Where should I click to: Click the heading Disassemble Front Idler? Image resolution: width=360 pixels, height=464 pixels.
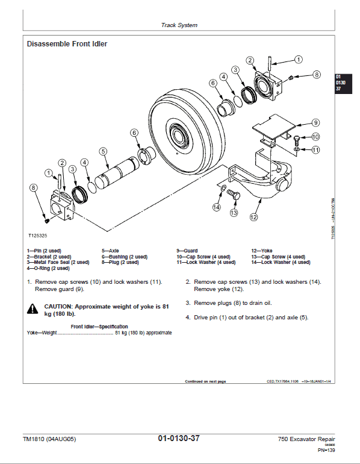67,44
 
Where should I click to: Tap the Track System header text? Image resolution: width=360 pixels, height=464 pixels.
179,25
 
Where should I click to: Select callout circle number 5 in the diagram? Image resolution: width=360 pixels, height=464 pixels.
103,151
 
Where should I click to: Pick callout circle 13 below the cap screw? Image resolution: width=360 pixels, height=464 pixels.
233,212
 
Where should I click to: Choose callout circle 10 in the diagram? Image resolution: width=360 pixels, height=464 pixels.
315,137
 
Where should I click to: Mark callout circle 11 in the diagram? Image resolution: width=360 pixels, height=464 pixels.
315,149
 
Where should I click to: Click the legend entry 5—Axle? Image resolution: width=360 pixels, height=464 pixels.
111,250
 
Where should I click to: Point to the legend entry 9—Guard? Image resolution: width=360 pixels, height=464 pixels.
187,250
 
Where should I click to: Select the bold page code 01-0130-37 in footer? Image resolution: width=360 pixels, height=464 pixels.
179,438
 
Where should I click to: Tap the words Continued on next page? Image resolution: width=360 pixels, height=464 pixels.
205,381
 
